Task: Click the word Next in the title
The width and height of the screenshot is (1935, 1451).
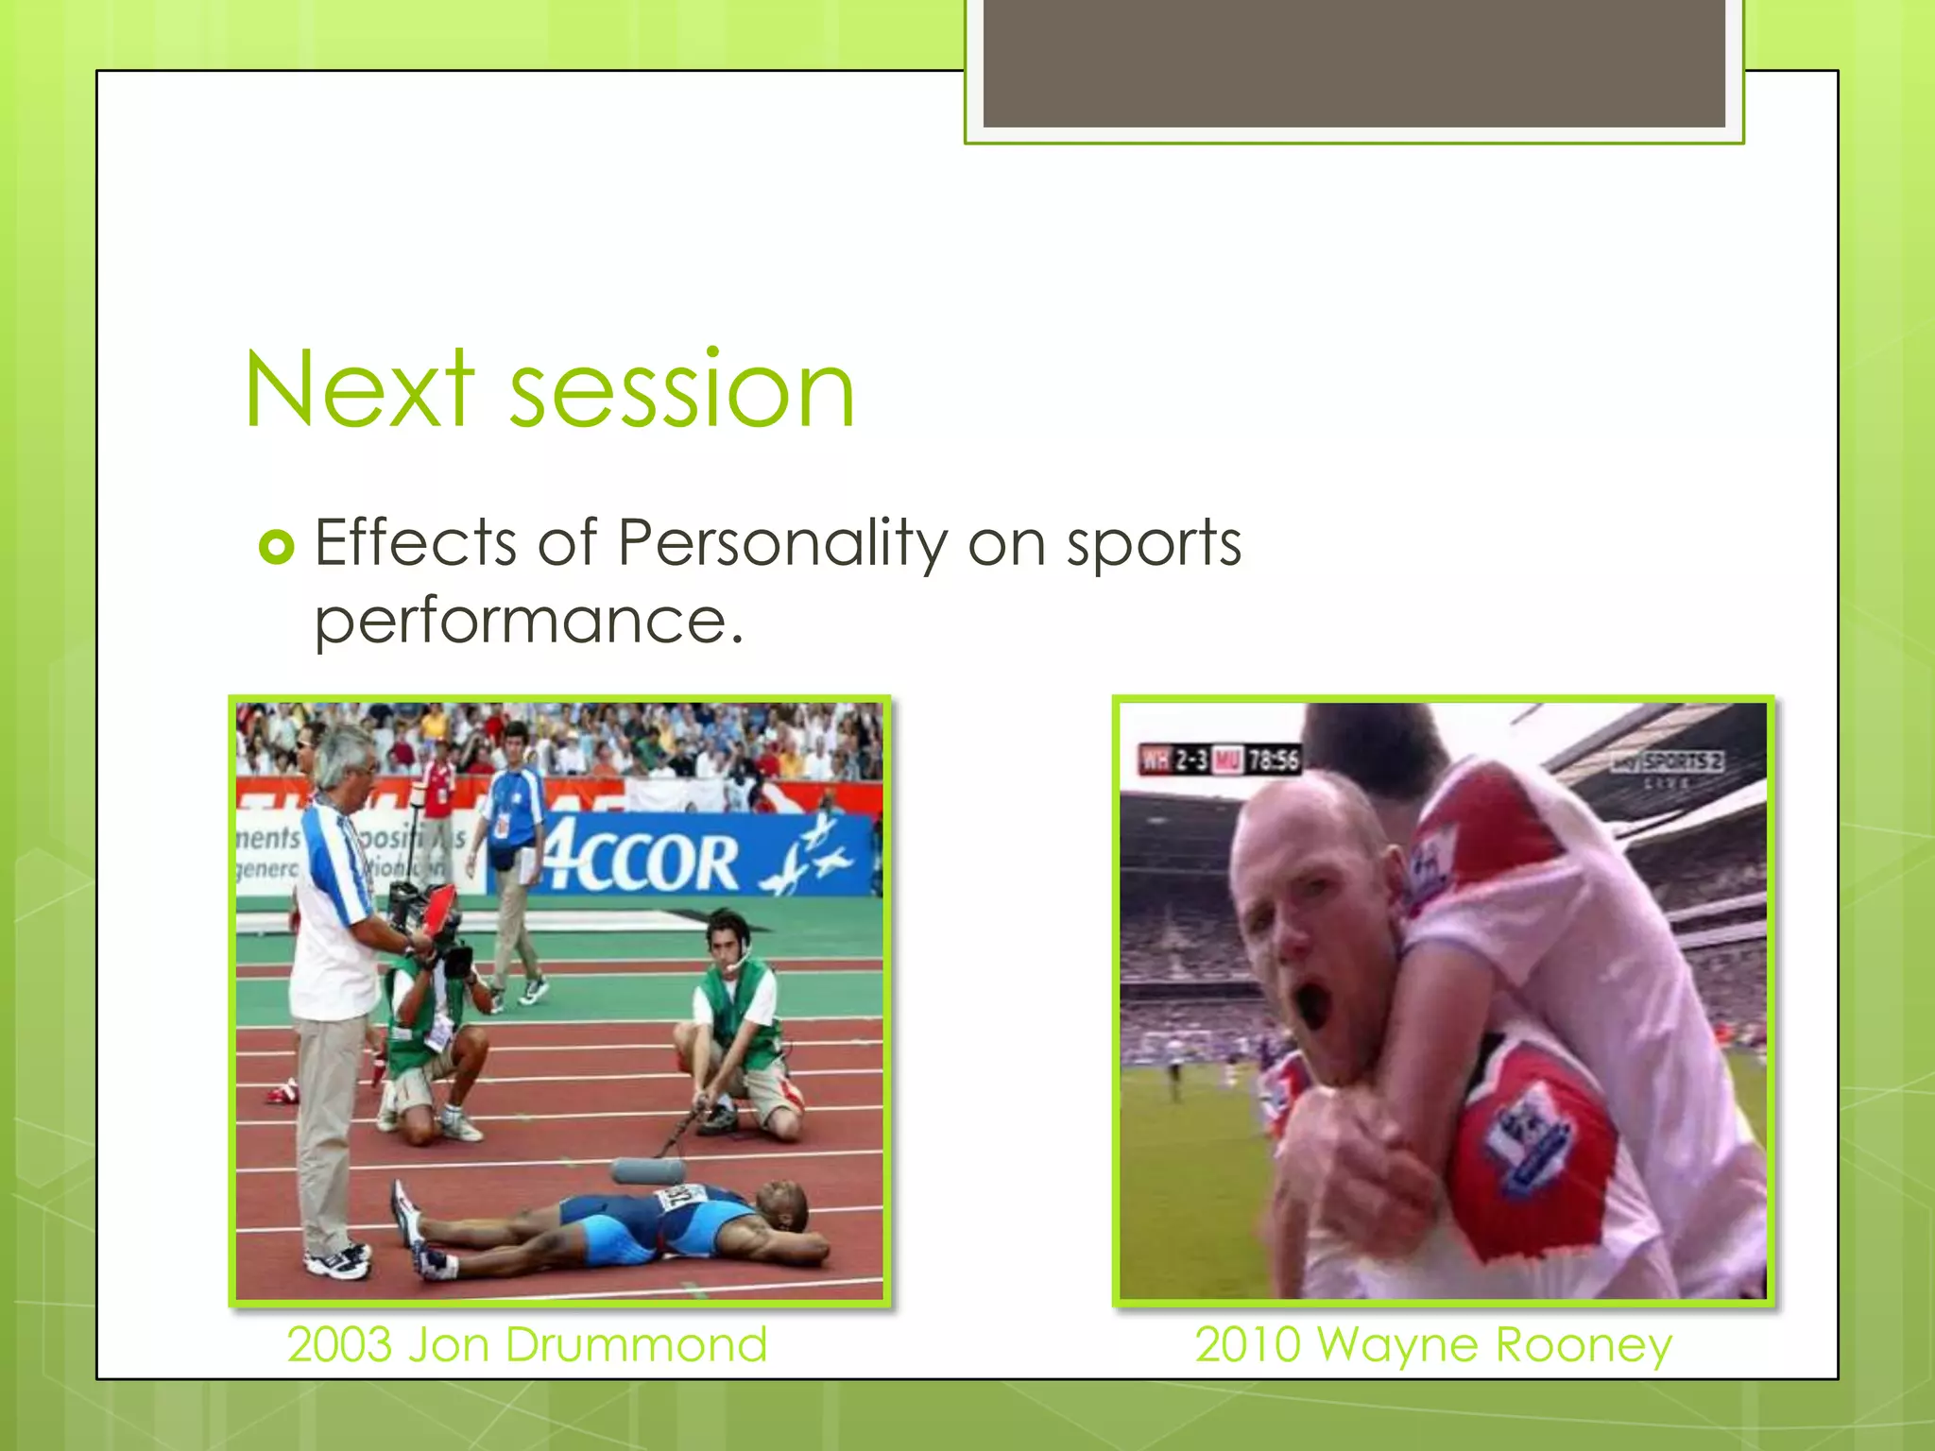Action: tap(358, 390)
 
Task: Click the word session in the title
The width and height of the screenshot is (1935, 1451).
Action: tap(682, 390)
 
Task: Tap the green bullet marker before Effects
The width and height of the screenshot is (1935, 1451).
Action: tap(277, 546)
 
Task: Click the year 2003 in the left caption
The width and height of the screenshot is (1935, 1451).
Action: tap(339, 1344)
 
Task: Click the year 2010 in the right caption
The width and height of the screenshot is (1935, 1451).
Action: tap(1247, 1344)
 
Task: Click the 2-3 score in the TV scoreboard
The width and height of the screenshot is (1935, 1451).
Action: tap(1191, 760)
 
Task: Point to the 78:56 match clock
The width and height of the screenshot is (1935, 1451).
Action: tap(1273, 760)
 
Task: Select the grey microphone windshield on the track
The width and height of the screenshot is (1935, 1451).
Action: tap(648, 1171)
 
